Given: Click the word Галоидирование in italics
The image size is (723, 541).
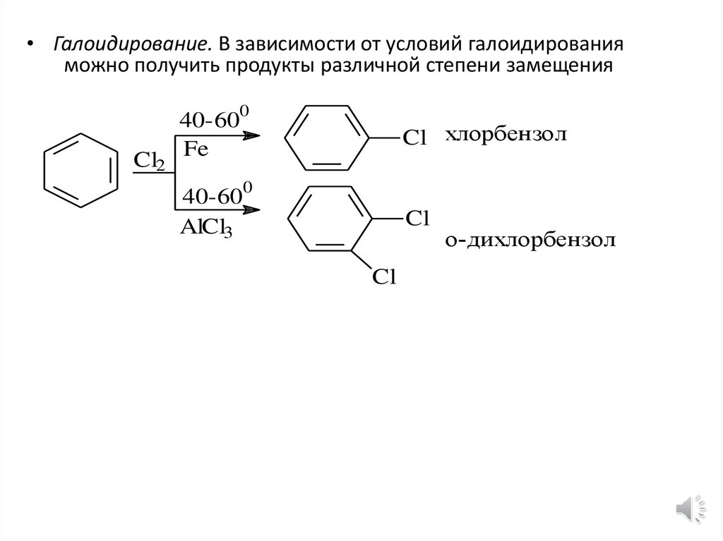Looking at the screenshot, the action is [x=130, y=45].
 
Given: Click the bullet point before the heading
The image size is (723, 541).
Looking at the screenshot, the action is [x=30, y=46].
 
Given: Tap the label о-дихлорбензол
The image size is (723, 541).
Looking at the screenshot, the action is [x=530, y=241].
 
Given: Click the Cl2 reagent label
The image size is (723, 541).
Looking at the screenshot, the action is [x=150, y=162].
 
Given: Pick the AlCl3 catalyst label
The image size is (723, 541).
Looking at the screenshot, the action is [x=207, y=229].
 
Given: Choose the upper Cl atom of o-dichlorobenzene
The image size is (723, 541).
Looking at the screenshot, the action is [x=417, y=218].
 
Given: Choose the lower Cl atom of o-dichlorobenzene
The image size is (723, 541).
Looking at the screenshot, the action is [x=386, y=277].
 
